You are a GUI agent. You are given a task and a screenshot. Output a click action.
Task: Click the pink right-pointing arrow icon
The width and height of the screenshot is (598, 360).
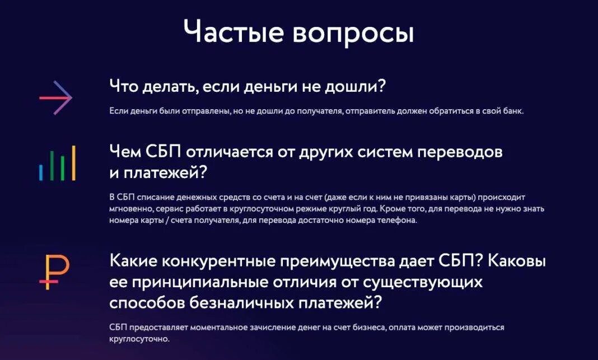coord(56,98)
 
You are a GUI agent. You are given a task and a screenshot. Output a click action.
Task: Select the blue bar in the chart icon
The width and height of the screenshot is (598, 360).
coord(41,172)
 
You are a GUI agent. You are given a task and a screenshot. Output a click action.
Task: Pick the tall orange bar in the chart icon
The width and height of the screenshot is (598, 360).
coord(73,163)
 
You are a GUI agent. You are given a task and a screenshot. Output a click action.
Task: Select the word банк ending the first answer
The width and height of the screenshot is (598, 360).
coord(511,111)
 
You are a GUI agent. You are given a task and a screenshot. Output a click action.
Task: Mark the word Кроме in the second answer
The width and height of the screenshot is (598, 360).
coord(390,209)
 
